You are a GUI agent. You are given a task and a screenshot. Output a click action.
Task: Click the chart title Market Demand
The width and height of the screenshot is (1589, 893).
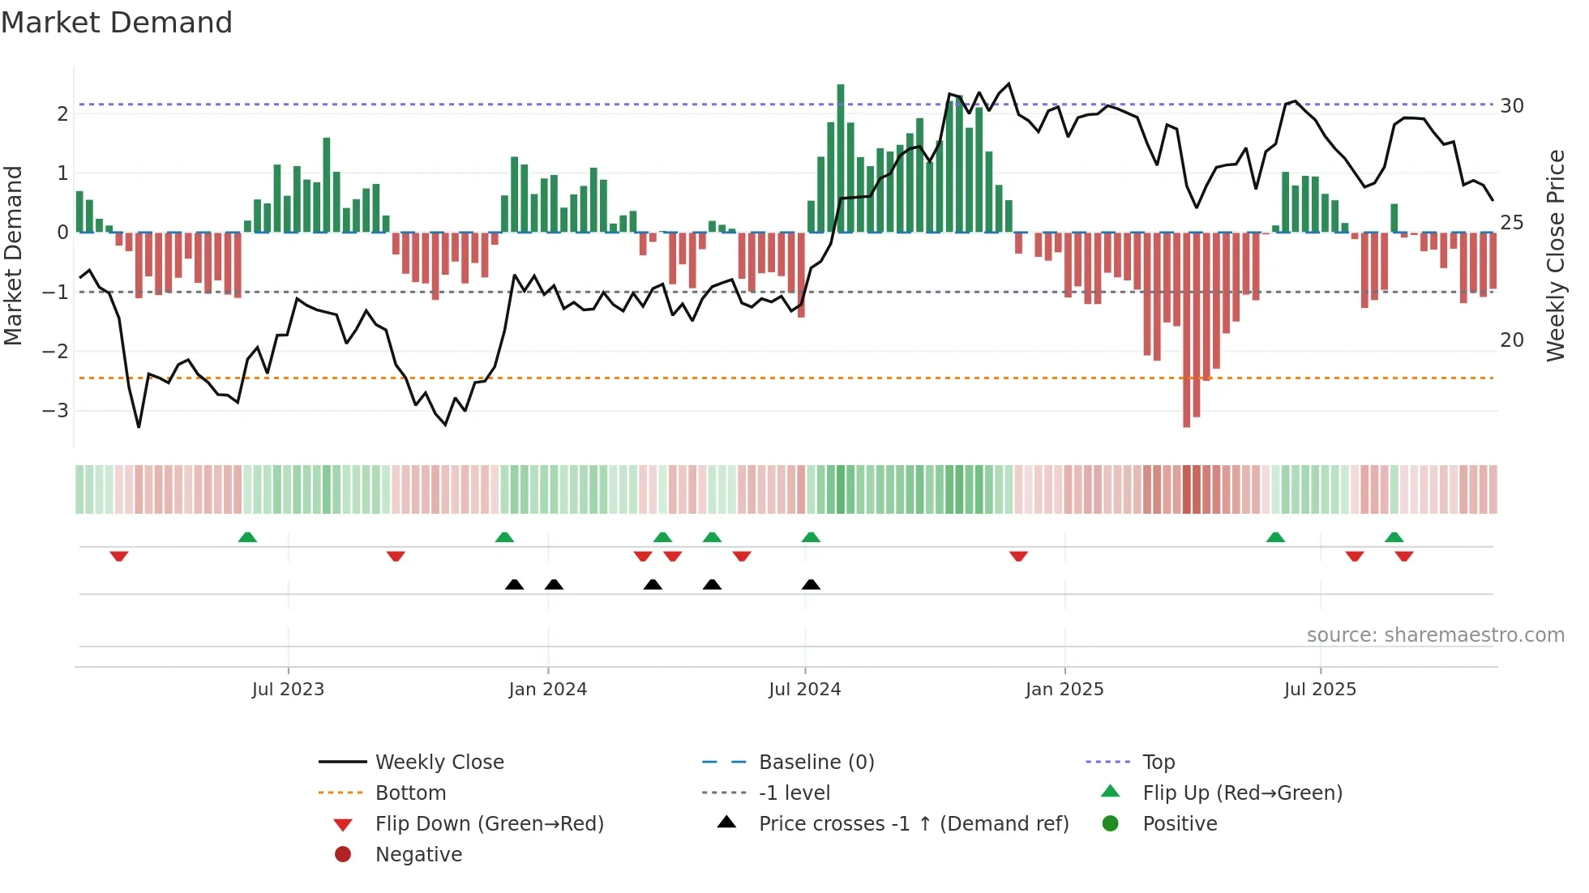117,23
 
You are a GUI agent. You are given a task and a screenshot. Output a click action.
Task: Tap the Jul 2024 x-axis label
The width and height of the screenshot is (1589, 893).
804,690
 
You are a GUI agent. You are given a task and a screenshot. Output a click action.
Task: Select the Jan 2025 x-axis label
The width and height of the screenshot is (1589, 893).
1064,690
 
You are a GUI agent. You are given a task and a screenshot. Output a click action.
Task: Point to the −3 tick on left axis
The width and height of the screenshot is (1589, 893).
56,410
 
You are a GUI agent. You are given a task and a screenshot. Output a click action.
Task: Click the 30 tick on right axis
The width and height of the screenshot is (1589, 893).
1512,106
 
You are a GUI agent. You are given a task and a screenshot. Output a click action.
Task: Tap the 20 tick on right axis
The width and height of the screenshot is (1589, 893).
1512,340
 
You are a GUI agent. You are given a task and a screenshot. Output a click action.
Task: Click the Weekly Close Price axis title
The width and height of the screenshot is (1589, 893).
1555,255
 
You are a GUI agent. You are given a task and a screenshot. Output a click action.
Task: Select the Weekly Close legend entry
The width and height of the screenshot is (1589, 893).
439,763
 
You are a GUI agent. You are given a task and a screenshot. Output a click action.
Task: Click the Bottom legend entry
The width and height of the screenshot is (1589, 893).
410,793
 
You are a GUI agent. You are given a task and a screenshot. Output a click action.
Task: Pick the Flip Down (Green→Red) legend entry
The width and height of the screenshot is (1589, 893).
489,824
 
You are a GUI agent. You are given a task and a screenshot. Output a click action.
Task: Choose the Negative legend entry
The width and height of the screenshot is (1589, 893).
418,855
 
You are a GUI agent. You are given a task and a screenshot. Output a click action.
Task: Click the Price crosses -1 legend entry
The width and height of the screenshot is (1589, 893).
913,824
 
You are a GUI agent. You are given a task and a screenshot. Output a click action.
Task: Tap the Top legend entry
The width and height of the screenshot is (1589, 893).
1159,763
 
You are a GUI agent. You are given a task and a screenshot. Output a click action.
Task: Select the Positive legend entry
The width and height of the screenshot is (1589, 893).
1180,824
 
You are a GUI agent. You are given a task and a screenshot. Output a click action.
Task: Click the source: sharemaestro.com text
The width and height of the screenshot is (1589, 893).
1435,635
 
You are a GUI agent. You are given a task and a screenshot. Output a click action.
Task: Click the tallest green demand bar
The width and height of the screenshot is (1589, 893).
841,158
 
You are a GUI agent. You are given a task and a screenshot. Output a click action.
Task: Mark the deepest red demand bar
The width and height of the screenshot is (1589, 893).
1187,329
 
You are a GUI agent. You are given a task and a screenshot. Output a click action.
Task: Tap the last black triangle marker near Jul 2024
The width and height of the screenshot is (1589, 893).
811,584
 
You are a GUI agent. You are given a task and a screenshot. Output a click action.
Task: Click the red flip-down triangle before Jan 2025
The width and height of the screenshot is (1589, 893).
1019,556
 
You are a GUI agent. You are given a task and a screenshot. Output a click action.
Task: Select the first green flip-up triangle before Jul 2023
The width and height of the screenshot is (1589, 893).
247,537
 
